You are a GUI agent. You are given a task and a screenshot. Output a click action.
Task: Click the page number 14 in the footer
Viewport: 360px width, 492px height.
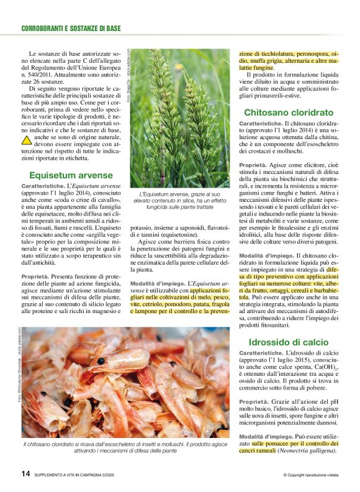pos(25,473)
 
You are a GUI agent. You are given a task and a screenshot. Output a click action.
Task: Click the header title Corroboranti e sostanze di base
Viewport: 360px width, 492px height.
pos(71,28)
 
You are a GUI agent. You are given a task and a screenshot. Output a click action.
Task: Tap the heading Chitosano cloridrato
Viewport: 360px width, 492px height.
pos(289,112)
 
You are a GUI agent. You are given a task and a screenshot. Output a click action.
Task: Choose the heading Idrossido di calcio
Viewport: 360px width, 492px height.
pos(289,342)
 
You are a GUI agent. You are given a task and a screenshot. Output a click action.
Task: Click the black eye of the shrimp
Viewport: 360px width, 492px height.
pos(101,360)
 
